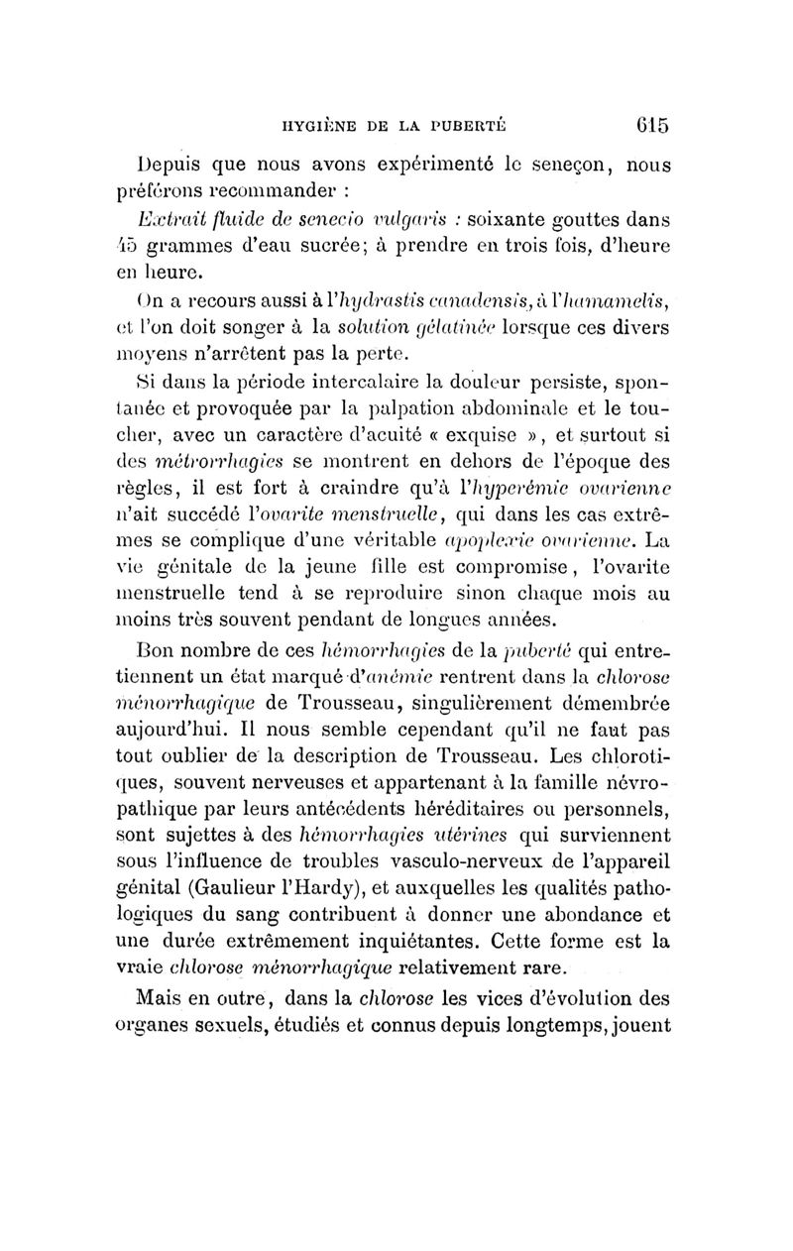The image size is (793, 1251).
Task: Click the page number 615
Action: pyautogui.click(x=648, y=126)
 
